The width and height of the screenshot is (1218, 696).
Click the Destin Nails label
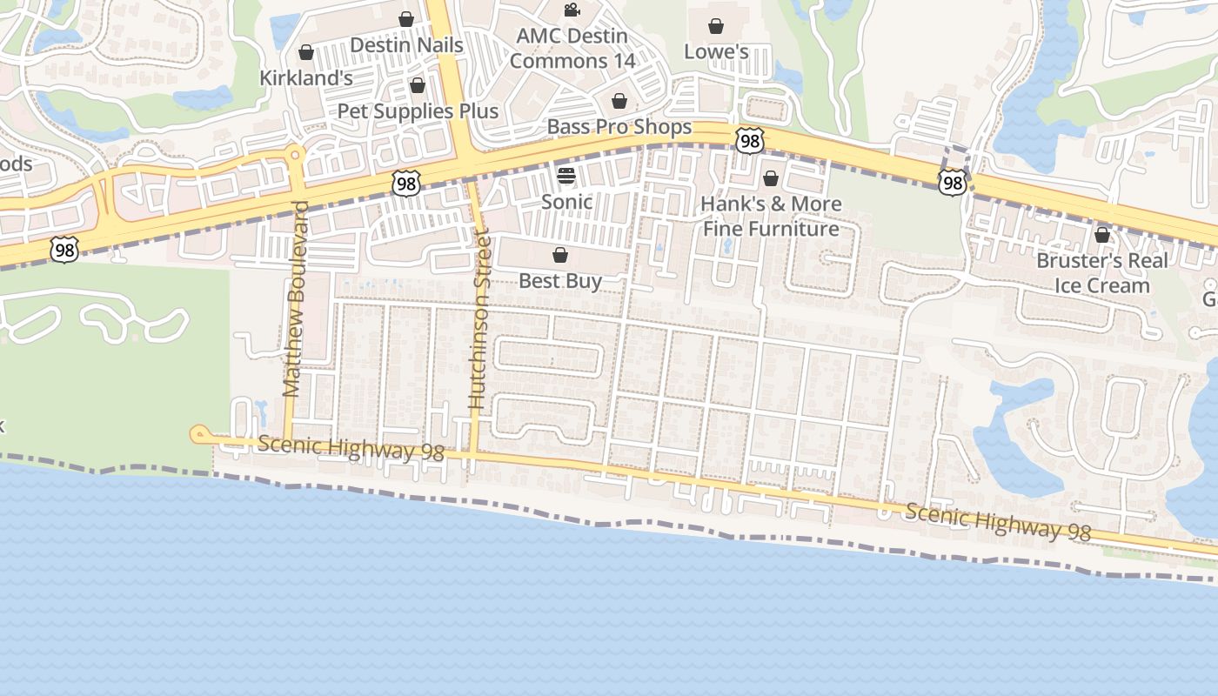coord(406,44)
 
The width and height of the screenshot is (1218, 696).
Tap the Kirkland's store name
coord(306,77)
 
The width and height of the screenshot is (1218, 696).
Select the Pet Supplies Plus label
coord(418,110)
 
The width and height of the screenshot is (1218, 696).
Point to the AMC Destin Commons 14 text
coord(572,49)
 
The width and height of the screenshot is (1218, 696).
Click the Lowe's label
coord(716,51)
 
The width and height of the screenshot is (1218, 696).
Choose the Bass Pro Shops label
coord(619,127)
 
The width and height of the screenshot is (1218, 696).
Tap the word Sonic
coord(566,202)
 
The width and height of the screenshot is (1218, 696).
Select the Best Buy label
coord(560,281)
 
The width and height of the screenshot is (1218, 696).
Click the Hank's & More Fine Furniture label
coord(772,217)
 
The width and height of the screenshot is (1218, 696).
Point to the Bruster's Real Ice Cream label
coord(1102,273)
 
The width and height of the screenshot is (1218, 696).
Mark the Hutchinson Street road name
coord(479,318)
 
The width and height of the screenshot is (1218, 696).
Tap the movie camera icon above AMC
coord(572,10)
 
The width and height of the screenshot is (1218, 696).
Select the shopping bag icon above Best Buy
coord(560,256)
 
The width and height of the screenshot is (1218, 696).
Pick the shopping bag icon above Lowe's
coord(716,26)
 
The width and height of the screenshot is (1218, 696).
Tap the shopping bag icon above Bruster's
coord(1102,235)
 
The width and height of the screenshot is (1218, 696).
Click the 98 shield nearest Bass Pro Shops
coord(749,140)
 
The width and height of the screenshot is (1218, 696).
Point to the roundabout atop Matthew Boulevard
coord(296,156)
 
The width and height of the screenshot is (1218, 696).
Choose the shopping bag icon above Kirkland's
coord(306,52)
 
